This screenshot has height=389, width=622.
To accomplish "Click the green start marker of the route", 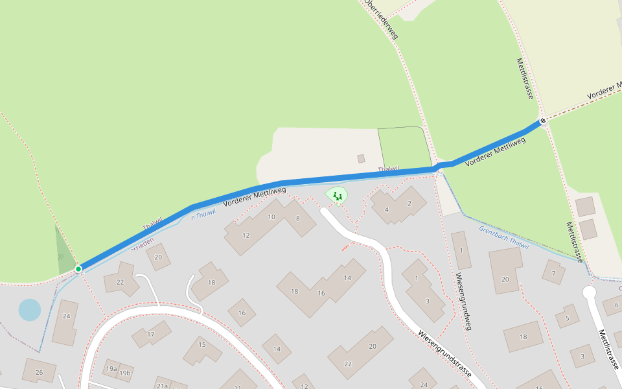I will tap(78, 268).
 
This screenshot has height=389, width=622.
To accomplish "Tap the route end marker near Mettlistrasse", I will tap(543, 121).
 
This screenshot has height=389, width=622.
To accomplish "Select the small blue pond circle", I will tap(29, 310).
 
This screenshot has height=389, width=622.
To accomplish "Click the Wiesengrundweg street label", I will tap(463, 301).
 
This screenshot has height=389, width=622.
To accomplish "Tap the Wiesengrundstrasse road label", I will tap(444, 355).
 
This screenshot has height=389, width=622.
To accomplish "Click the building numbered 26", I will tap(39, 372).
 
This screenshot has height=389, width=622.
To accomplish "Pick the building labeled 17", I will tap(151, 335).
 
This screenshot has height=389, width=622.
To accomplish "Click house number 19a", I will tap(111, 369).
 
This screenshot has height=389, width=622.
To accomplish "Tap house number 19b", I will tap(124, 373).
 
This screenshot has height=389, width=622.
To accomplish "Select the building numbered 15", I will tap(202, 345).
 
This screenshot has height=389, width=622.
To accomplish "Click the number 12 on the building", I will tap(246, 235).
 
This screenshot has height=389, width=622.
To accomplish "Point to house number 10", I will tap(272, 217).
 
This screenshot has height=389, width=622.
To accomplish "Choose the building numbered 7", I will tap(553, 273).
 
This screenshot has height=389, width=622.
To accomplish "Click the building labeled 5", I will tap(567, 317).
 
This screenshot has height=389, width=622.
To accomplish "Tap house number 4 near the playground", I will tap(387, 209).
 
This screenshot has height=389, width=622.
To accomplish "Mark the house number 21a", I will tap(162, 386).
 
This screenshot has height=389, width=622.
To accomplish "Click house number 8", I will tap(298, 218).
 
